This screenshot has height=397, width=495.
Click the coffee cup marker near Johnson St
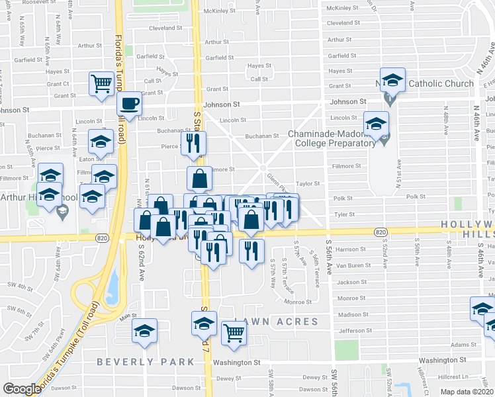click(x=129, y=104)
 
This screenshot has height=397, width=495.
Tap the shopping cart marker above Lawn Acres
click(x=234, y=333)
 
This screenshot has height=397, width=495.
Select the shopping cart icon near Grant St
click(x=101, y=83)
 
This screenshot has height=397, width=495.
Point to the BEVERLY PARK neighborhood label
click(x=146, y=362)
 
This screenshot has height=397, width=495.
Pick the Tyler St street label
click(x=345, y=214)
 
